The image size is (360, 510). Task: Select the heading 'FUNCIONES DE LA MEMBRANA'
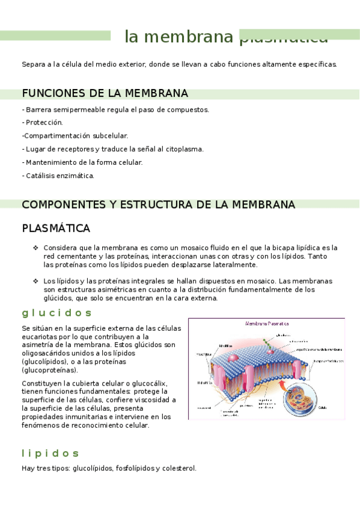coord(105,93)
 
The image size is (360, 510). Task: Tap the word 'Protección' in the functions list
coord(44,122)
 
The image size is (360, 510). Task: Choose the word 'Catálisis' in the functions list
coord(40,176)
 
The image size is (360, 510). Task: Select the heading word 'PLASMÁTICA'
coord(56,229)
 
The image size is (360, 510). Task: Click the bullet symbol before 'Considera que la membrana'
coord(35,247)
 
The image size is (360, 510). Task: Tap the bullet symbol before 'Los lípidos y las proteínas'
coord(35,281)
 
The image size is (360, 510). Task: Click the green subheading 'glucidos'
coord(56,313)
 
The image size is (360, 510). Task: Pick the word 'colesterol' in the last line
coord(178,468)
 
